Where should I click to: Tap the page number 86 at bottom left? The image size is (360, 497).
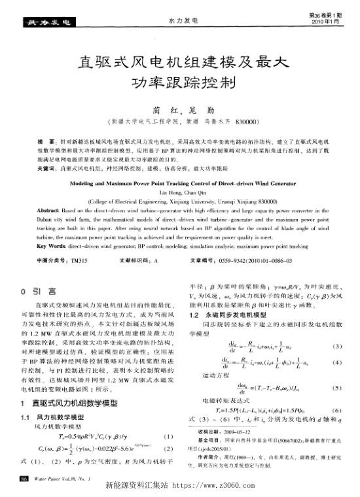point(25,480)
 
